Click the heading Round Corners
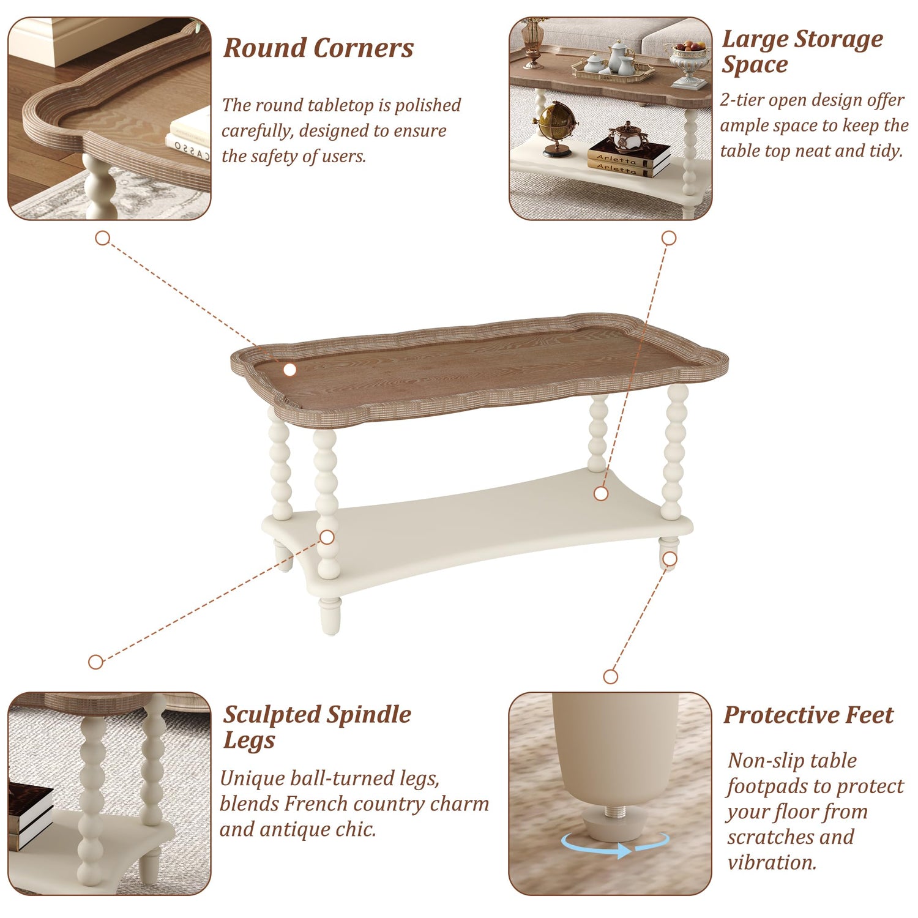(x=318, y=48)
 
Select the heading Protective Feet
(x=808, y=715)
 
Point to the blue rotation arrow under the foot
(x=615, y=845)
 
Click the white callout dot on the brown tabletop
(x=290, y=370)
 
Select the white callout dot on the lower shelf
(x=601, y=493)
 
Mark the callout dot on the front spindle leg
(x=327, y=537)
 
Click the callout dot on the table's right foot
(x=670, y=559)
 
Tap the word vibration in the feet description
(x=771, y=862)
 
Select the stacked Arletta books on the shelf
(x=629, y=158)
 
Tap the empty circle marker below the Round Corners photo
(x=102, y=238)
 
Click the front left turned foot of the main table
(x=329, y=617)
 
